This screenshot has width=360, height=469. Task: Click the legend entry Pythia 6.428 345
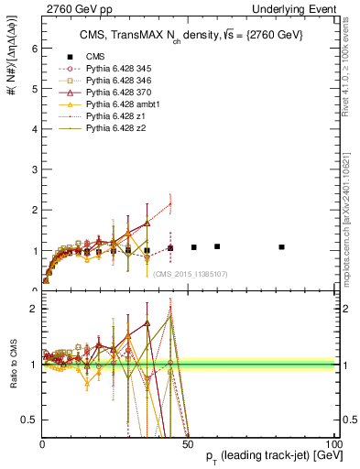click(x=115, y=69)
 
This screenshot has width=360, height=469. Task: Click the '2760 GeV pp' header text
click(x=68, y=9)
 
